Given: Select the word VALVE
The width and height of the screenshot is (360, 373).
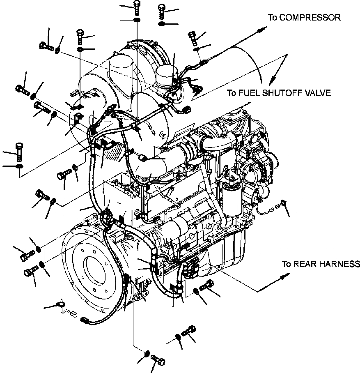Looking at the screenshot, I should [317, 93].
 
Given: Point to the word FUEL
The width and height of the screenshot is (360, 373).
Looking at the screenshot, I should [248, 93].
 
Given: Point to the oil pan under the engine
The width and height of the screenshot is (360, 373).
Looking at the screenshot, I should [230, 255].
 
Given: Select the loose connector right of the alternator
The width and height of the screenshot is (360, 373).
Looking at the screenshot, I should [282, 203].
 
